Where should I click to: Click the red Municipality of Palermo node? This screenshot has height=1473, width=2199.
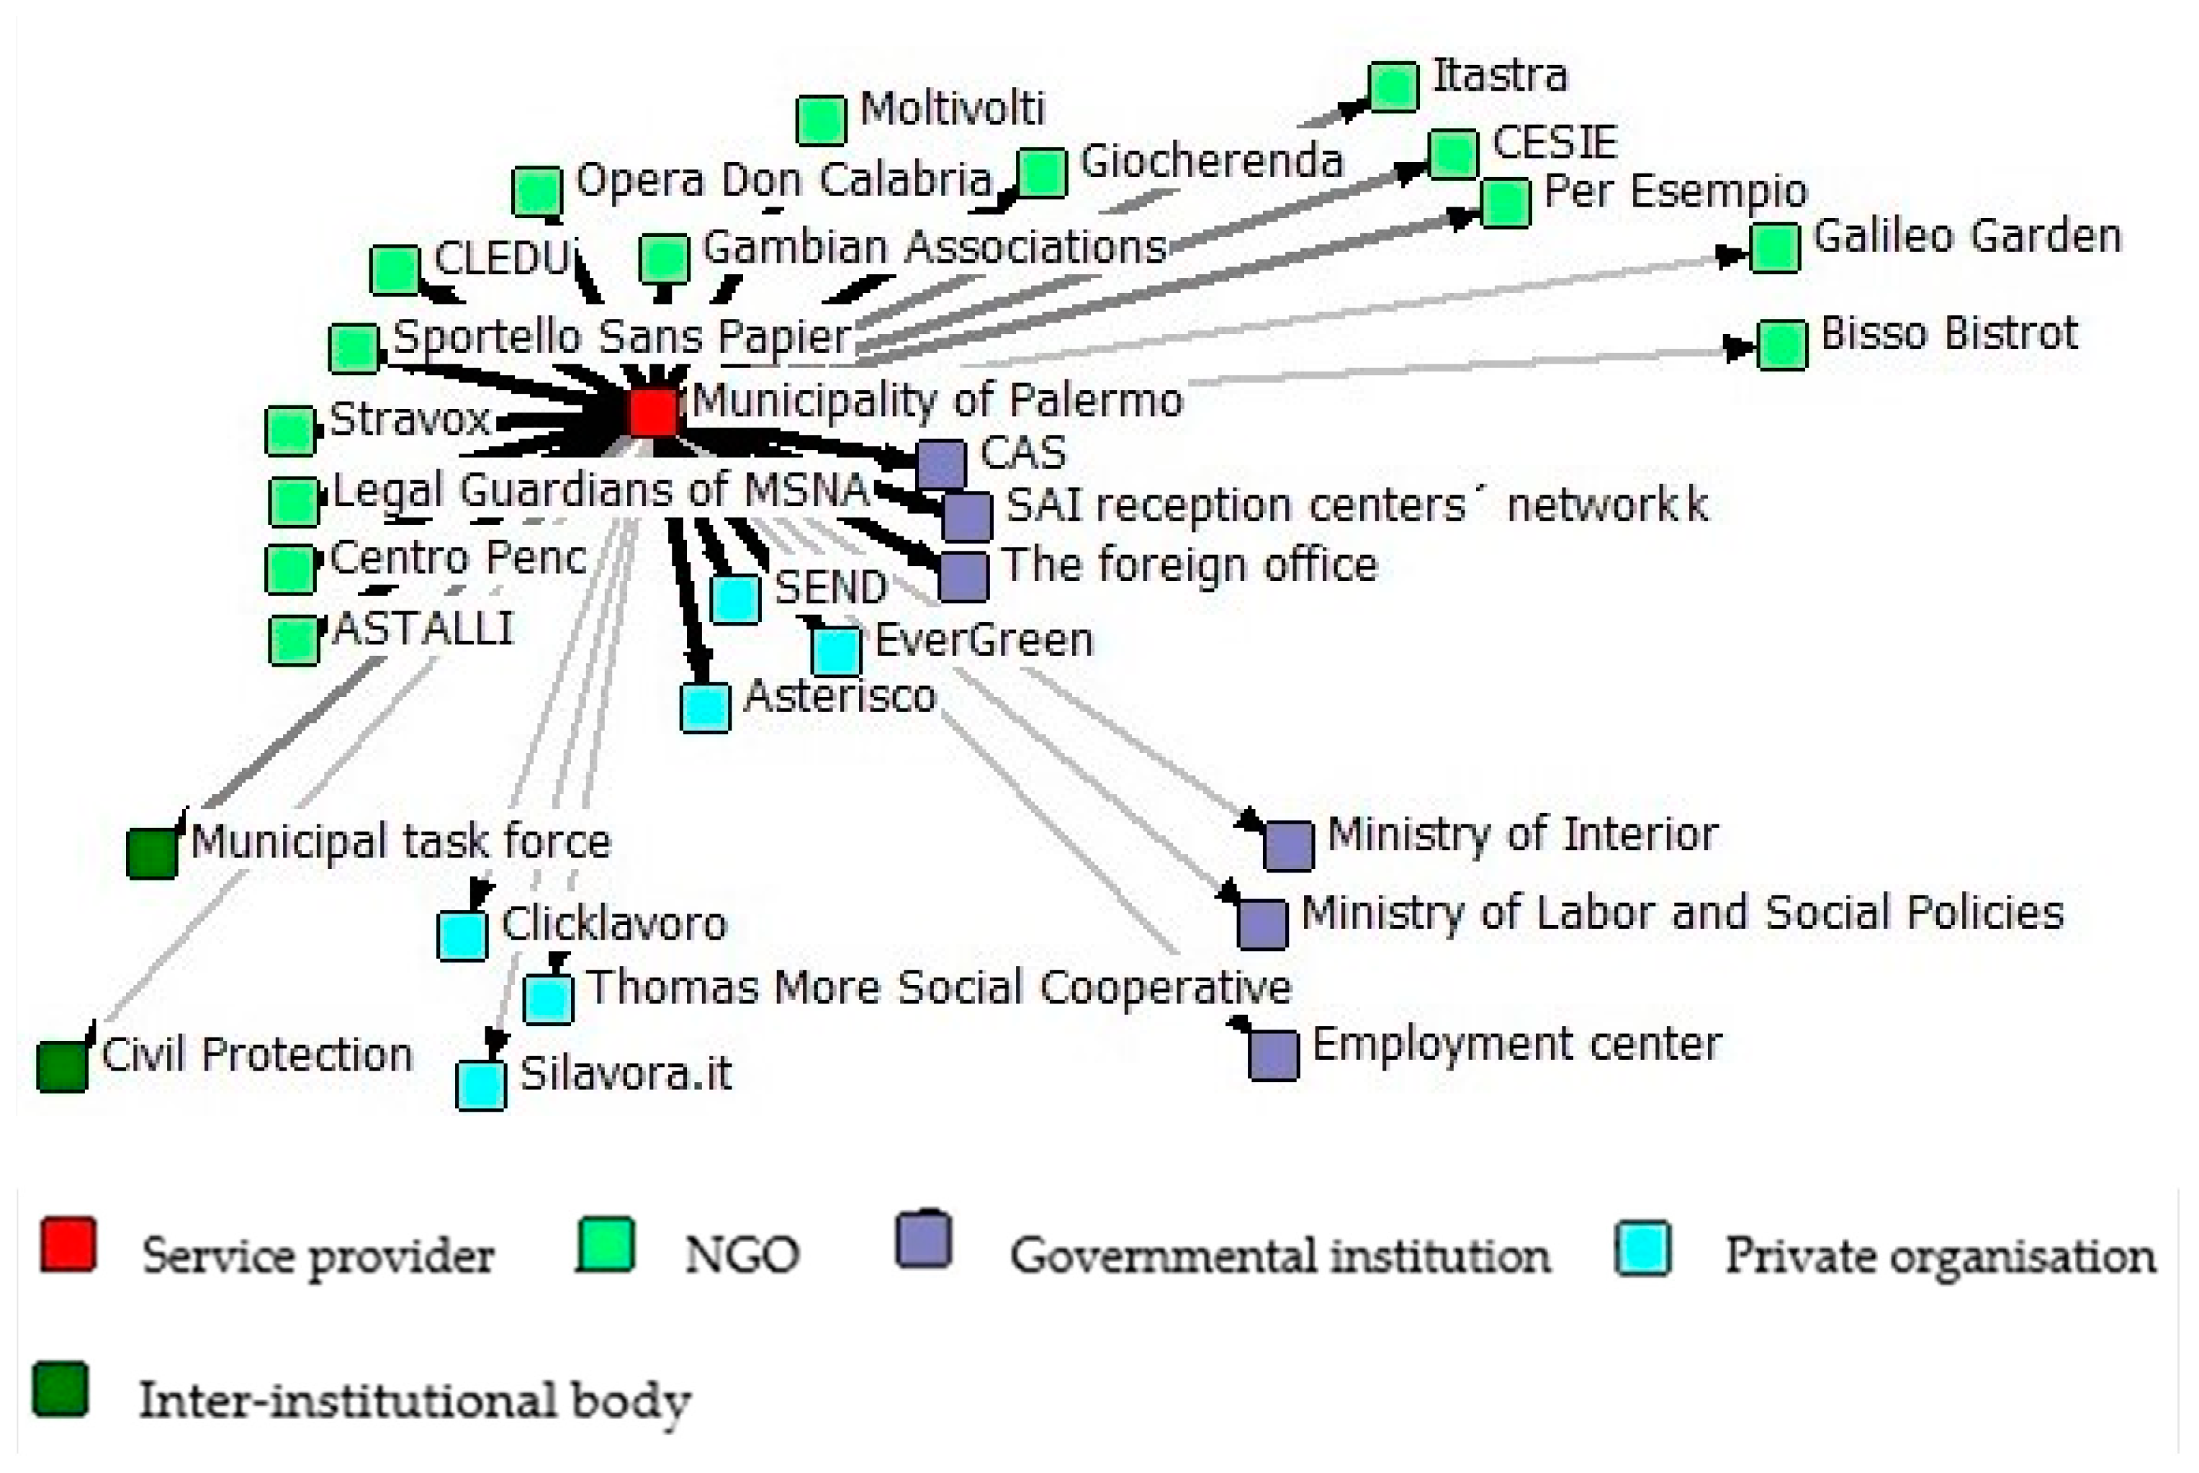pos(653,412)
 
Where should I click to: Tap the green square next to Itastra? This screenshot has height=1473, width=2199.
pos(1393,86)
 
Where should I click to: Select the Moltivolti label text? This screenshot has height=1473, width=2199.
pos(952,108)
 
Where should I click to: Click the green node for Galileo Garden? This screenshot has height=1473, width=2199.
pos(1774,248)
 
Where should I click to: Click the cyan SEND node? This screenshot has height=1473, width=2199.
pos(735,599)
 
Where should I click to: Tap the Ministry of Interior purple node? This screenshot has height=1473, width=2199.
pos(1288,845)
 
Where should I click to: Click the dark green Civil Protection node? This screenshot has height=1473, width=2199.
pos(62,1066)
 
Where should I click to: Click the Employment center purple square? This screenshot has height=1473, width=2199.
pos(1274,1054)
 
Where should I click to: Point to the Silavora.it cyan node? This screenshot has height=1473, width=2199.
pos(481,1085)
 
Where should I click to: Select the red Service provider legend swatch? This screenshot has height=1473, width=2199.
pos(68,1245)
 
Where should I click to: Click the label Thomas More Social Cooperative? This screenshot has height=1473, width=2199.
pos(938,987)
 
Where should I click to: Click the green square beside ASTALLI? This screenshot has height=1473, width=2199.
pos(293,640)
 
